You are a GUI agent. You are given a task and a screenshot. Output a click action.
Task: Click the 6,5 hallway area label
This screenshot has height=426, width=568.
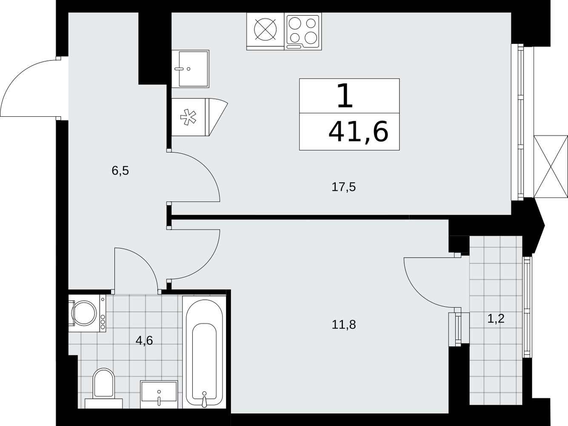[120, 171]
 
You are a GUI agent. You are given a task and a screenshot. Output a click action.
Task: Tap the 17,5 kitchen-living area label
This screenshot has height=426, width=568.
[344, 187]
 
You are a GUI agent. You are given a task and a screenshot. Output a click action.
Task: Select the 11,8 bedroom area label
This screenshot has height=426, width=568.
[344, 325]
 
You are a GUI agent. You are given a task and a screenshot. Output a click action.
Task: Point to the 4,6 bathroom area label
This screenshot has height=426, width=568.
[144, 340]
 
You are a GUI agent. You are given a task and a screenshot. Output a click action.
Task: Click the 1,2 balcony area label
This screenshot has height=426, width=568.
[496, 318]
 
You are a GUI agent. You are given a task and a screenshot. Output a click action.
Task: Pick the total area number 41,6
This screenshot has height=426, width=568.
[358, 132]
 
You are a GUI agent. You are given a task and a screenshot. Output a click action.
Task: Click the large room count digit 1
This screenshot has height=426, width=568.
[345, 96]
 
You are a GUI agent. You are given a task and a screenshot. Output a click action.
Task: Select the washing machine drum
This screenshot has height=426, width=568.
[84, 313]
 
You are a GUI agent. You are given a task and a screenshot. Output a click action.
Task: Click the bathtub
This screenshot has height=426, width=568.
[204, 352]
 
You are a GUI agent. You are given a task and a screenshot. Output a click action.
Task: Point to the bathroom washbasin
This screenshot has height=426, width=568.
[159, 394]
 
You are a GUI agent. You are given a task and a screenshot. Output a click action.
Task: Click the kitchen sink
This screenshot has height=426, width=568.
[191, 69]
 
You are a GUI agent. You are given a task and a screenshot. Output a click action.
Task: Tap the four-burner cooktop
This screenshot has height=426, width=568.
[303, 32]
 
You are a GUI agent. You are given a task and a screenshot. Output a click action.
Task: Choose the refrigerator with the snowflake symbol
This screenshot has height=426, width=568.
[200, 117]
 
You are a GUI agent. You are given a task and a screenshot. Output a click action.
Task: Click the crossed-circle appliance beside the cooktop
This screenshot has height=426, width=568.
[265, 29]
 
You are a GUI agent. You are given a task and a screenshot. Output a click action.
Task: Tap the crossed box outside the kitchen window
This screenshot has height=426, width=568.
[551, 167]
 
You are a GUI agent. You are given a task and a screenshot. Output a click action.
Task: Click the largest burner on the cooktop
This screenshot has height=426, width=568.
[311, 38]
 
